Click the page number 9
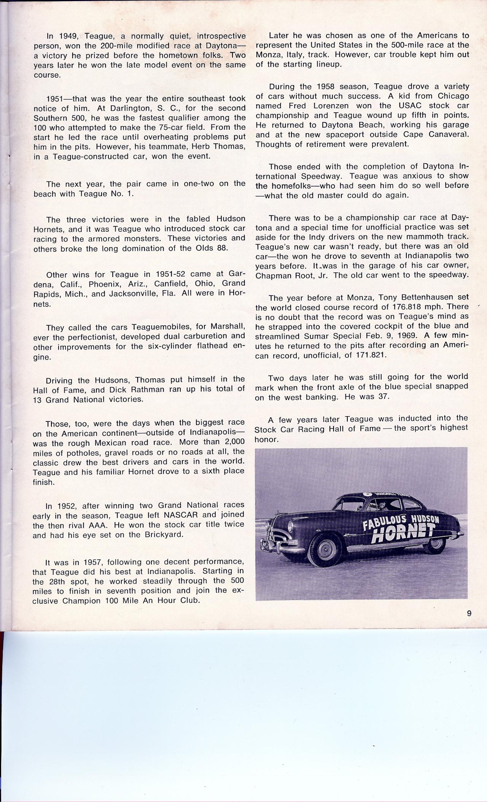pos(469,613)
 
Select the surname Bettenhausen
pos(420,297)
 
